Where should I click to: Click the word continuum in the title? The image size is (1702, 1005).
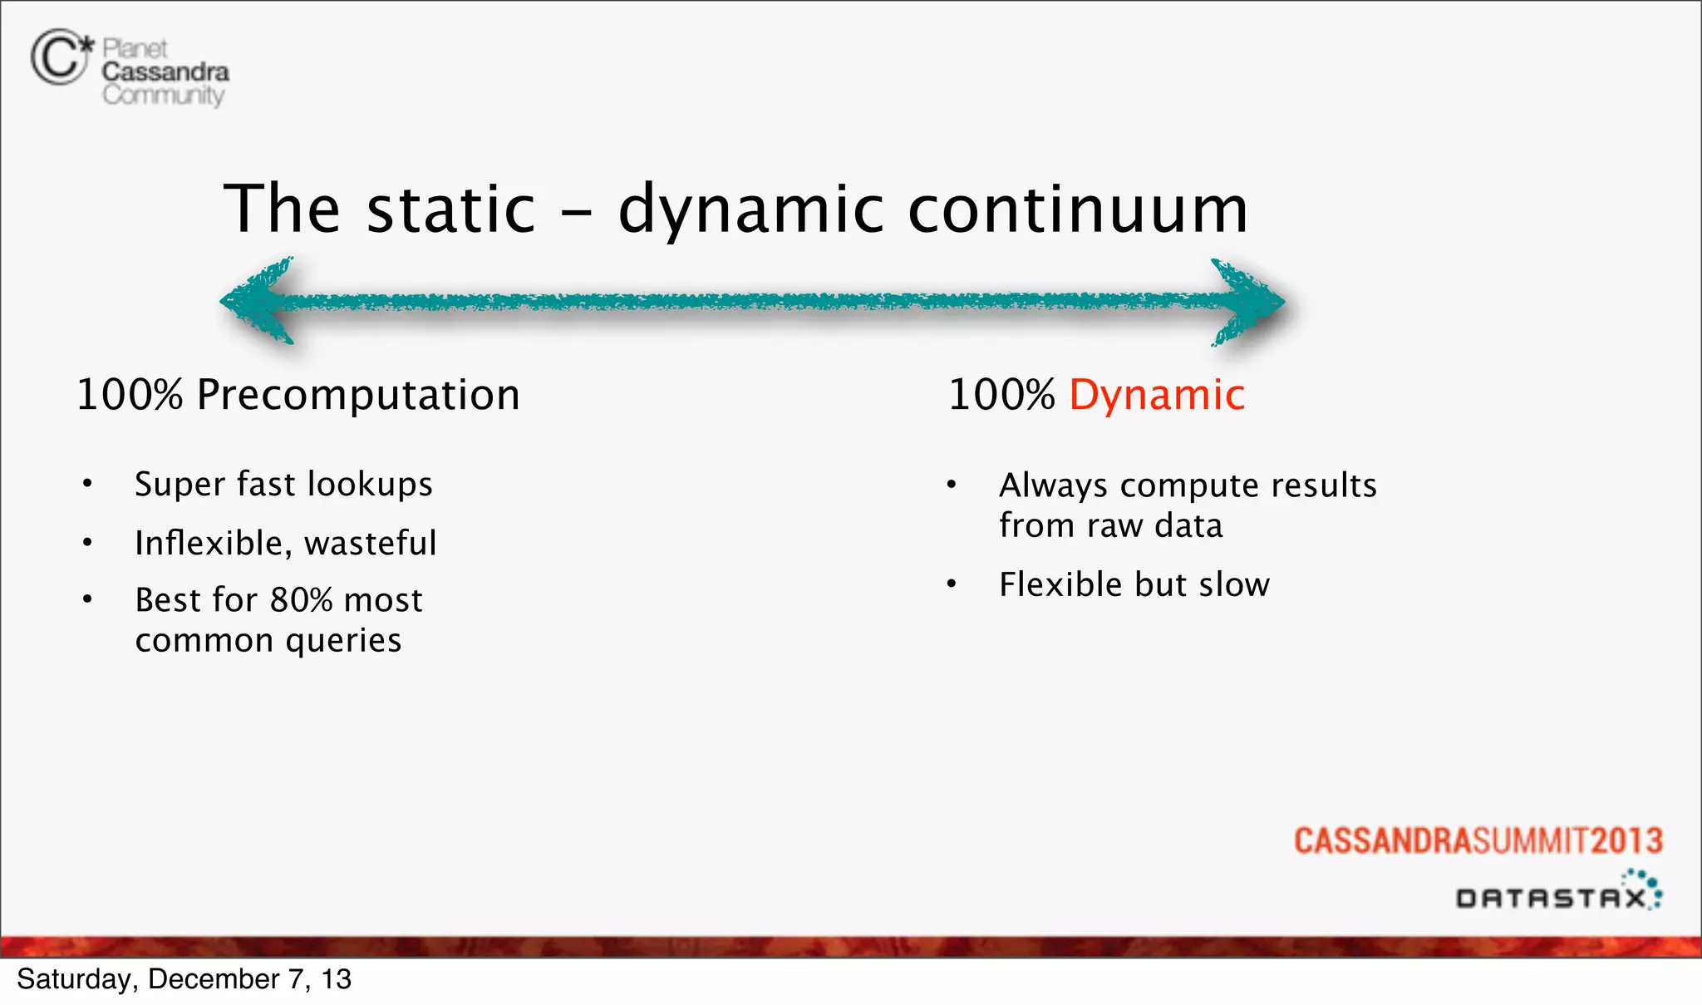click(x=1078, y=209)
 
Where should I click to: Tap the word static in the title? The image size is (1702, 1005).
click(x=451, y=209)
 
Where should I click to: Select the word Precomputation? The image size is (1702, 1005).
click(x=358, y=394)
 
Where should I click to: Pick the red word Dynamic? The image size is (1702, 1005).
click(x=1157, y=394)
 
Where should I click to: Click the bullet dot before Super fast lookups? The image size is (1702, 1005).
click(x=87, y=484)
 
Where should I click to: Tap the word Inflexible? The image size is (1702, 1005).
click(x=213, y=543)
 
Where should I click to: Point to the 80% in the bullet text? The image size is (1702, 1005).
click(x=301, y=599)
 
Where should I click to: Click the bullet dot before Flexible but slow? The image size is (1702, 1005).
click(x=952, y=584)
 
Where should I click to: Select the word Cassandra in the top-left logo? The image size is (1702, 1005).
click(x=165, y=71)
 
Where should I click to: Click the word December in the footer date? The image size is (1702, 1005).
click(x=213, y=979)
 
